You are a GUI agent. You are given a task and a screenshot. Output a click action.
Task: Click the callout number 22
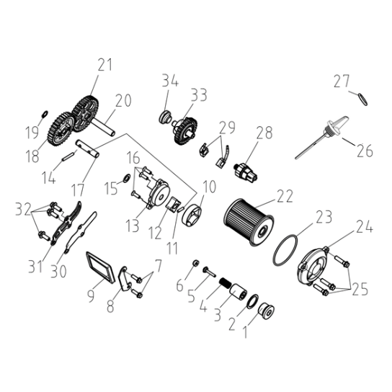click(x=284, y=196)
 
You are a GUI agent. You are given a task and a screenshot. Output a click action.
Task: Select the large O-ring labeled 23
click(x=285, y=250)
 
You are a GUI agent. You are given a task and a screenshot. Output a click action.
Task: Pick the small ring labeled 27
click(x=363, y=99)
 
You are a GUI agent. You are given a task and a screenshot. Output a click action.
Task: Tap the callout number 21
click(x=105, y=65)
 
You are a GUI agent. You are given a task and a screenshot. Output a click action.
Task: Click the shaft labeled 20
click(x=103, y=128)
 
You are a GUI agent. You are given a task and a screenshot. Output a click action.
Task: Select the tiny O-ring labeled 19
click(x=44, y=114)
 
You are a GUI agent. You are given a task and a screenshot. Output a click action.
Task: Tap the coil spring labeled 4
click(x=225, y=284)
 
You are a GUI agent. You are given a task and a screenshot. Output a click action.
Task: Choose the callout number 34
click(x=170, y=81)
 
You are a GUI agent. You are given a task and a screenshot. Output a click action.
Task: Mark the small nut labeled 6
click(x=196, y=263)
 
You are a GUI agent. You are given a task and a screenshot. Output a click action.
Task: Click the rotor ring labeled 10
click(x=192, y=215)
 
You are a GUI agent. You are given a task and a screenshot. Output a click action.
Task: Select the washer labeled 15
click(x=127, y=178)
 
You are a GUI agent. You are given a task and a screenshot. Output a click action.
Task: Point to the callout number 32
click(x=23, y=209)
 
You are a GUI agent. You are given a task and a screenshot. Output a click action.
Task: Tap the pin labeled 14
click(x=68, y=157)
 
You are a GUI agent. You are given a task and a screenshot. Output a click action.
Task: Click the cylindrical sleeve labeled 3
click(x=239, y=291)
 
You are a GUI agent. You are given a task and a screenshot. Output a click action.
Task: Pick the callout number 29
click(x=227, y=128)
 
